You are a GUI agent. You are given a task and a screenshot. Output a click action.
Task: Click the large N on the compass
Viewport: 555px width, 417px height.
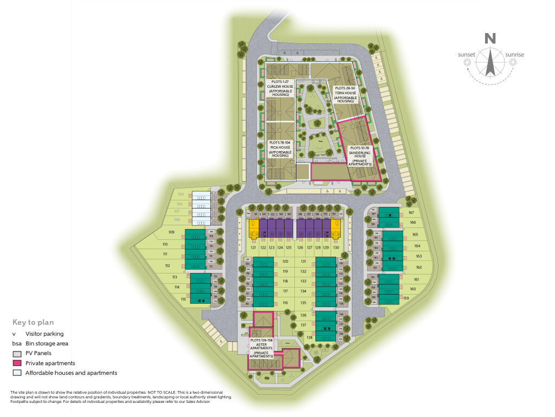490,38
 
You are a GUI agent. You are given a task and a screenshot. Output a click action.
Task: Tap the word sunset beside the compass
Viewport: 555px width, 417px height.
466,55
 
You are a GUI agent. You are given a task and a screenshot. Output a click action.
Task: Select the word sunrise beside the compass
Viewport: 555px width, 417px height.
514,55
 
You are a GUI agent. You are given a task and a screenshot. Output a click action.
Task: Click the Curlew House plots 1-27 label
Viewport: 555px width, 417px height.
280,89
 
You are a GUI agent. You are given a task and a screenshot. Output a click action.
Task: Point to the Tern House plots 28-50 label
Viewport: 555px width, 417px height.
345,94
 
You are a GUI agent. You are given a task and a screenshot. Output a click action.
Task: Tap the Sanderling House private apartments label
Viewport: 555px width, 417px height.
360,155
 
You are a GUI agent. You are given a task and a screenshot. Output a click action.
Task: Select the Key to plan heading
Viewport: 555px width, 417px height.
33,322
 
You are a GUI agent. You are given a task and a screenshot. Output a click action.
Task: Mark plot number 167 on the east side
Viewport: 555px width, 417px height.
411,213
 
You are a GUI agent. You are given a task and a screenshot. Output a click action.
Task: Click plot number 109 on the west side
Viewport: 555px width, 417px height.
172,232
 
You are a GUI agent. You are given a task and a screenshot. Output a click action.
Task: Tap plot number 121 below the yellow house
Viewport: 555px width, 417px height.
253,247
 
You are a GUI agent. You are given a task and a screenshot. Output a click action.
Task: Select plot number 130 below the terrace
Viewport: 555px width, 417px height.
336,247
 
